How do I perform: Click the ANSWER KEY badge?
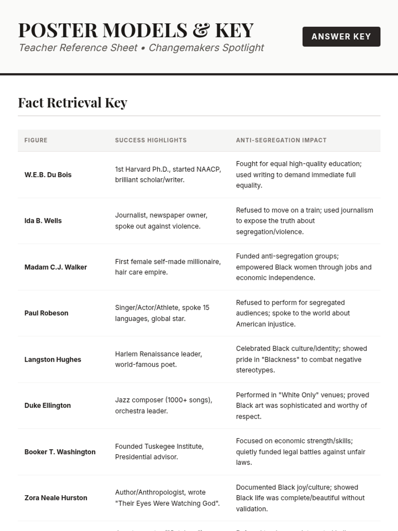tap(341, 37)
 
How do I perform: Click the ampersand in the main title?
tap(201, 30)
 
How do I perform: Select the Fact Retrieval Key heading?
tap(73, 103)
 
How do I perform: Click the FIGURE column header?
tap(36, 140)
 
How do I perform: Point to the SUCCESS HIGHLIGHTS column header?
tap(151, 140)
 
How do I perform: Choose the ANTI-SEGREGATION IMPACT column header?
tap(281, 140)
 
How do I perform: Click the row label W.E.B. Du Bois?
tap(48, 175)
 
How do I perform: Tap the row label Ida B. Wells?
tap(43, 221)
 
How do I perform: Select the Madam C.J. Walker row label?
tap(55, 267)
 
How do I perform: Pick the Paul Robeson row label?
tap(46, 313)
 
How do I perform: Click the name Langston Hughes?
tap(52, 359)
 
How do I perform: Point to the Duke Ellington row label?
tap(47, 406)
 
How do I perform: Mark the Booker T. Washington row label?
tap(60, 452)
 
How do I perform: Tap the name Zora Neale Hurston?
tap(56, 498)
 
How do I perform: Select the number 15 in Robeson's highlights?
tap(206, 308)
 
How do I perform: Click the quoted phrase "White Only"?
tap(302, 395)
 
